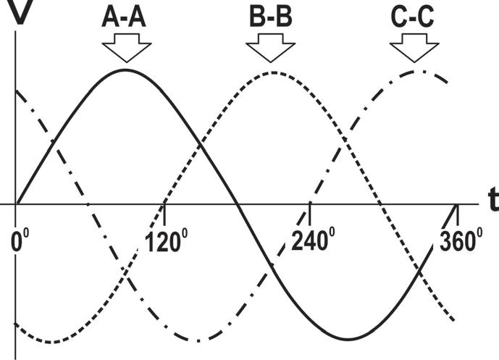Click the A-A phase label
pyautogui.click(x=125, y=17)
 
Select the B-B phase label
pyautogui.click(x=271, y=17)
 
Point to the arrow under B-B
pyautogui.click(x=272, y=50)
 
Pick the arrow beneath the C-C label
pyautogui.click(x=414, y=50)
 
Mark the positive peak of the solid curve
pyautogui.click(x=126, y=70)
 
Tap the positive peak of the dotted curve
pyautogui.click(x=272, y=72)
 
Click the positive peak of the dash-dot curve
pyautogui.click(x=419, y=70)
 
